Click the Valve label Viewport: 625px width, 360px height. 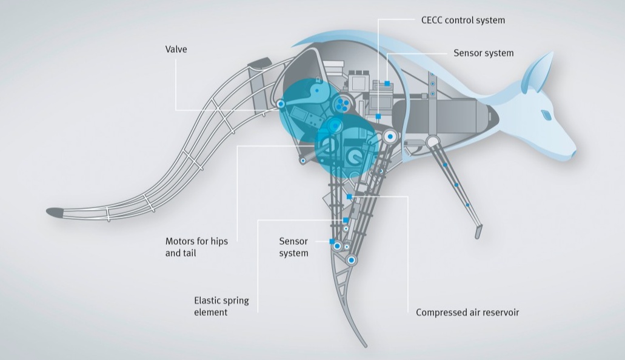point(176,49)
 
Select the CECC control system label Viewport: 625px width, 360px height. point(463,20)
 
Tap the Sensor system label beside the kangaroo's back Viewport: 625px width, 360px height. point(484,53)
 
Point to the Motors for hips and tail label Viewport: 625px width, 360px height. point(196,247)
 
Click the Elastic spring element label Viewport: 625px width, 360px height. point(221,306)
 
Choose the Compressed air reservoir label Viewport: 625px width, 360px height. point(467,312)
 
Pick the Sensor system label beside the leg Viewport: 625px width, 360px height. point(294,247)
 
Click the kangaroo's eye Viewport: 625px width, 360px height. point(546,115)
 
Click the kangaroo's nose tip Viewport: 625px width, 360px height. point(574,153)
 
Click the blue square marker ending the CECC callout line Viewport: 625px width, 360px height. point(378,116)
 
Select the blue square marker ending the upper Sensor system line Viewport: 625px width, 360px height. point(387,83)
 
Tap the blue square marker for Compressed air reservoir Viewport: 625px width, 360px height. point(349,196)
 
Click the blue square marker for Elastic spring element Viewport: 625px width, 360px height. point(346,220)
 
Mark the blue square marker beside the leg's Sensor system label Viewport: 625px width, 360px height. point(332,242)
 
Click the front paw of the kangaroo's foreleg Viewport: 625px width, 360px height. point(478,232)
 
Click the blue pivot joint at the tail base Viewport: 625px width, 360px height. point(281,104)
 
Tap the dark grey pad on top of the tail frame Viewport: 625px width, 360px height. point(259,64)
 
